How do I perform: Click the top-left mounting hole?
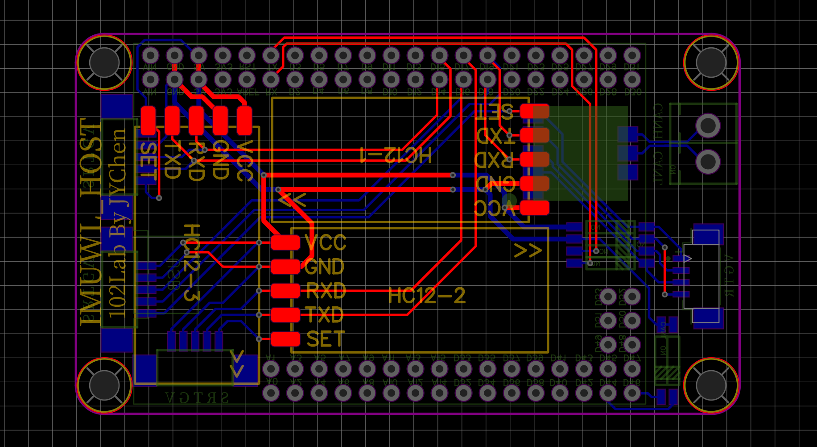point(104,62)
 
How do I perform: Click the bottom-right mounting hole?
point(711,385)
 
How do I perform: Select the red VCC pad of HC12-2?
point(285,242)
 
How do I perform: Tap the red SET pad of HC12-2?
point(285,339)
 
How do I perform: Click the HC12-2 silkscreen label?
point(427,296)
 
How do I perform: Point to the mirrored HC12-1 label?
point(396,155)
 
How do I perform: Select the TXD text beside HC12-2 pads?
point(325,315)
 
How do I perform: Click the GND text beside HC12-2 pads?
point(325,267)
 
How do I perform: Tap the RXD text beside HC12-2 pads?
point(326,291)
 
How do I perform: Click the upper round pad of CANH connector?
point(708,125)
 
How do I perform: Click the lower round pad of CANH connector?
point(708,161)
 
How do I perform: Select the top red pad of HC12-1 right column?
point(534,111)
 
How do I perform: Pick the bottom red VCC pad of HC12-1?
point(534,208)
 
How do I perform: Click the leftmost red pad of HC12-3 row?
point(148,120)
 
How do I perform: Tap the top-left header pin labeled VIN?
point(150,55)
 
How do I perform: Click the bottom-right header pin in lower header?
point(632,393)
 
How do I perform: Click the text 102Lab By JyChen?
point(118,223)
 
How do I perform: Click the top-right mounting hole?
point(711,62)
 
